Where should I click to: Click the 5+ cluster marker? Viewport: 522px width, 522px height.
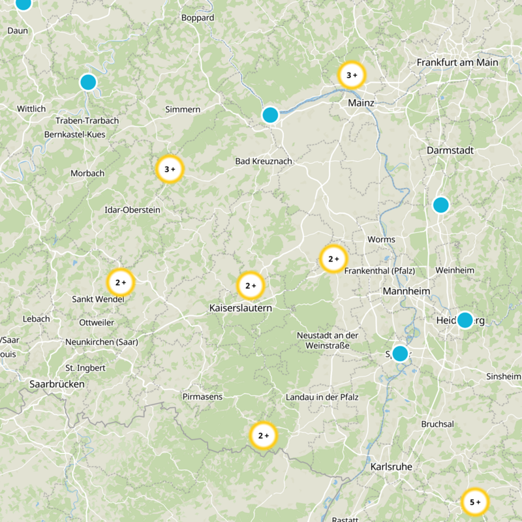[475, 502]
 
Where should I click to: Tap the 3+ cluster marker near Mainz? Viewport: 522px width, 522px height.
[352, 76]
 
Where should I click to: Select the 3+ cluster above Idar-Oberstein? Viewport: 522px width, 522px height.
[170, 170]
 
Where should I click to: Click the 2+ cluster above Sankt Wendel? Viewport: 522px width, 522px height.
[121, 283]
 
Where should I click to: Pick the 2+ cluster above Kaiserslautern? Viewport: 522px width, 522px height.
[251, 285]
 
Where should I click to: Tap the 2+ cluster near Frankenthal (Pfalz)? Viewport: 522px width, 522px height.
[333, 259]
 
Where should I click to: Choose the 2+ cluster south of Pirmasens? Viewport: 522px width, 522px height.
[264, 436]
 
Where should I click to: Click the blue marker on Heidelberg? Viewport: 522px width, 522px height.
[465, 320]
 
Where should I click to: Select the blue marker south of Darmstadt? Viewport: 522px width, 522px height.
[441, 205]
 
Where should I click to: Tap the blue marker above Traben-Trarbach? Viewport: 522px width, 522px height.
[88, 82]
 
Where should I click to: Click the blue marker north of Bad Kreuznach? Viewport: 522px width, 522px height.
[270, 115]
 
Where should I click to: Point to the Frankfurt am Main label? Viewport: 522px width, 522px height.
[457, 63]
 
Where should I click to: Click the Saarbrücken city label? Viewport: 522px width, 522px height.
[57, 384]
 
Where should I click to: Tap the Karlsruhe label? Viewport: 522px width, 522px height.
[393, 467]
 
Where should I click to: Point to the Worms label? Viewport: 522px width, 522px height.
[381, 239]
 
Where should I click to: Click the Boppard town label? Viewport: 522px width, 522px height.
[197, 18]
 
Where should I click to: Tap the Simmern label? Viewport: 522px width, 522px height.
[183, 109]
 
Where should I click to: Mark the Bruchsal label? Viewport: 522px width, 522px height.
[437, 423]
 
